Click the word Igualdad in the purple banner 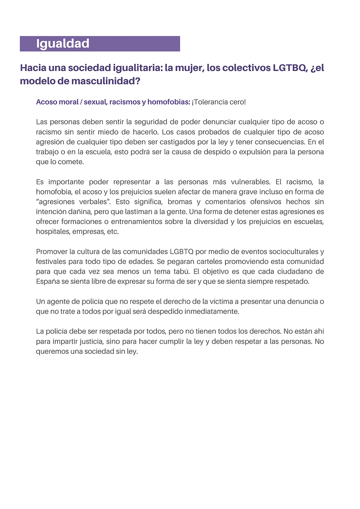click(62, 44)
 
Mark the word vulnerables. click(259, 182)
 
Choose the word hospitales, click(55, 232)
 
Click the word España click(48, 281)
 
